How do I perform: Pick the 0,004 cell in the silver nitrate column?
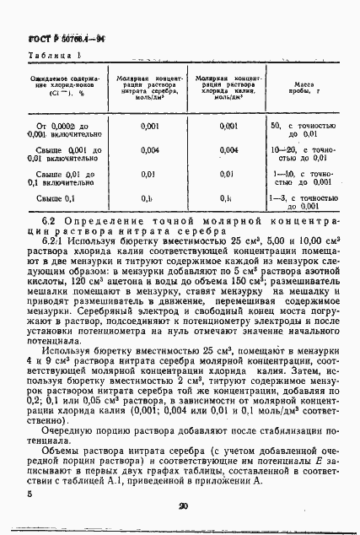click(149, 150)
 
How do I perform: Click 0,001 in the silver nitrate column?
click(149, 126)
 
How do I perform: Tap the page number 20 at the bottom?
click(182, 506)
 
